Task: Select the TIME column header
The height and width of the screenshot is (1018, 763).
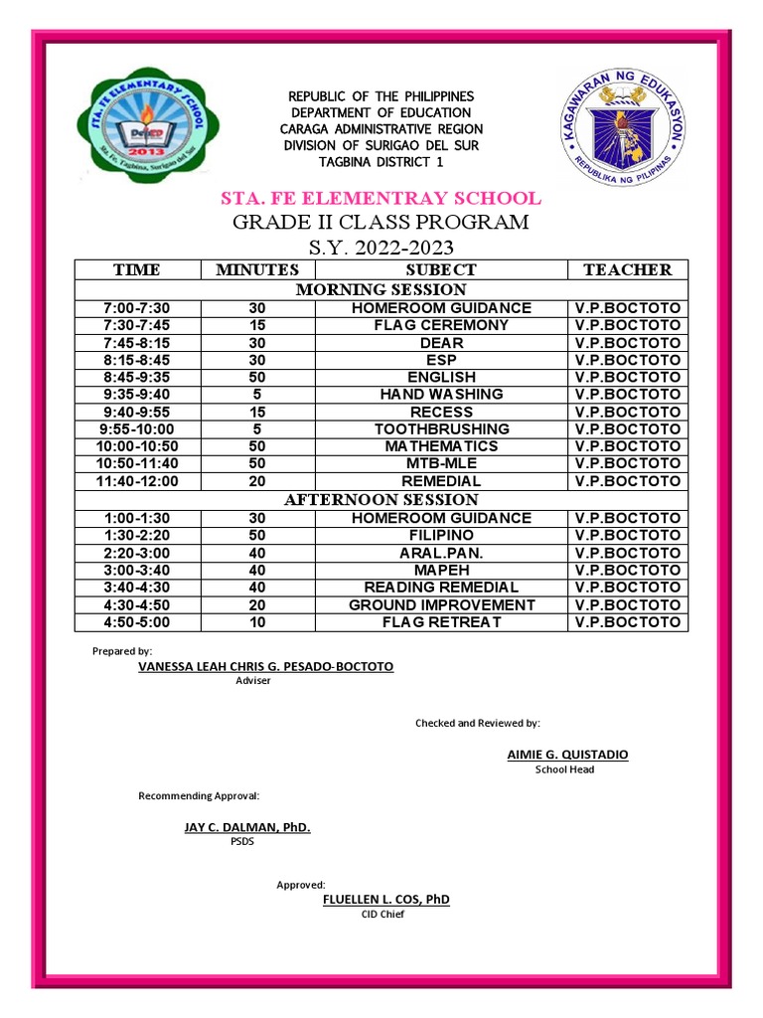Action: (x=137, y=269)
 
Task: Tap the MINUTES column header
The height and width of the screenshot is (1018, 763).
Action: (x=257, y=269)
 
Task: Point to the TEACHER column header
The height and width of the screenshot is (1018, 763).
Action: (x=627, y=269)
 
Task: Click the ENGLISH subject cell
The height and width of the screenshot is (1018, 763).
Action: (x=441, y=377)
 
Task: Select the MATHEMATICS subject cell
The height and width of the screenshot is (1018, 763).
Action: (x=441, y=446)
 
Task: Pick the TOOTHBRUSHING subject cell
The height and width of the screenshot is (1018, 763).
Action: (x=441, y=428)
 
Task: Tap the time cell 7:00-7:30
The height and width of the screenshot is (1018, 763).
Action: (x=137, y=308)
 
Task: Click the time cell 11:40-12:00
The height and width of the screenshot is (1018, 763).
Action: (x=137, y=481)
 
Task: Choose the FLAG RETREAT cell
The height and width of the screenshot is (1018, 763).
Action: (x=441, y=622)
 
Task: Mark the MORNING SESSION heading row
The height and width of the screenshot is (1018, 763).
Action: (x=381, y=289)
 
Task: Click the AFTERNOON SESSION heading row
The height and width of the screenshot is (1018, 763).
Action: (x=381, y=499)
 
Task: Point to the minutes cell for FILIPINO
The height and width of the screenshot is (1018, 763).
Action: (x=257, y=535)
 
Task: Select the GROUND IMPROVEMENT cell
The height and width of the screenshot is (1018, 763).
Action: (x=441, y=604)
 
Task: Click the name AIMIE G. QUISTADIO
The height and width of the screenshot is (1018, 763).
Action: (x=567, y=755)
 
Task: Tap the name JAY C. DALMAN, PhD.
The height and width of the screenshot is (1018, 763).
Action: (x=247, y=827)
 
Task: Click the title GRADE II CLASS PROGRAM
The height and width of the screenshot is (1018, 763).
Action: (x=381, y=222)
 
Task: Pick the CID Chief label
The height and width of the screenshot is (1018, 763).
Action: (x=381, y=915)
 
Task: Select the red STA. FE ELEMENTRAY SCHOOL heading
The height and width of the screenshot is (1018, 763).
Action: (x=381, y=198)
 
